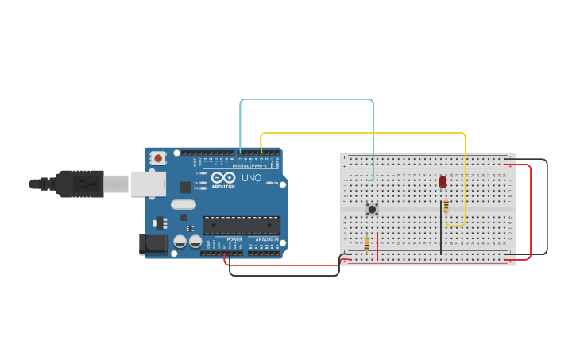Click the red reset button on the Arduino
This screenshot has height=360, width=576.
point(158,158)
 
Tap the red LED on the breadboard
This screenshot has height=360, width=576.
point(443,182)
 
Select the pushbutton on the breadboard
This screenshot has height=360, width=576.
point(372,209)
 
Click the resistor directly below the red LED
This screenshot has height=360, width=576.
point(446,207)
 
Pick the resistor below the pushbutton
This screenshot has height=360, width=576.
point(366,243)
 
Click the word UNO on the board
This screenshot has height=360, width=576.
point(251,178)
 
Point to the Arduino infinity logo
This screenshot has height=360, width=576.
point(223,178)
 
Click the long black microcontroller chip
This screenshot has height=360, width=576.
point(242,225)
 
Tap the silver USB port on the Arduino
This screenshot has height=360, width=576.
point(149,184)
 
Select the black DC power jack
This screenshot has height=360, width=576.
point(153,244)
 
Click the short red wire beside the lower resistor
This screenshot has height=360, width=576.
point(377,246)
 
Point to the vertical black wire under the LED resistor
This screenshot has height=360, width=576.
point(441,230)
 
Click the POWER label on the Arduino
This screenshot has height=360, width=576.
point(234,239)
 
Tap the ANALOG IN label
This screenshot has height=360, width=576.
point(267,239)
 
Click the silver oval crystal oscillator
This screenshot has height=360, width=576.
point(183,204)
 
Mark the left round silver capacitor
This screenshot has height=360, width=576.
point(180,241)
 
